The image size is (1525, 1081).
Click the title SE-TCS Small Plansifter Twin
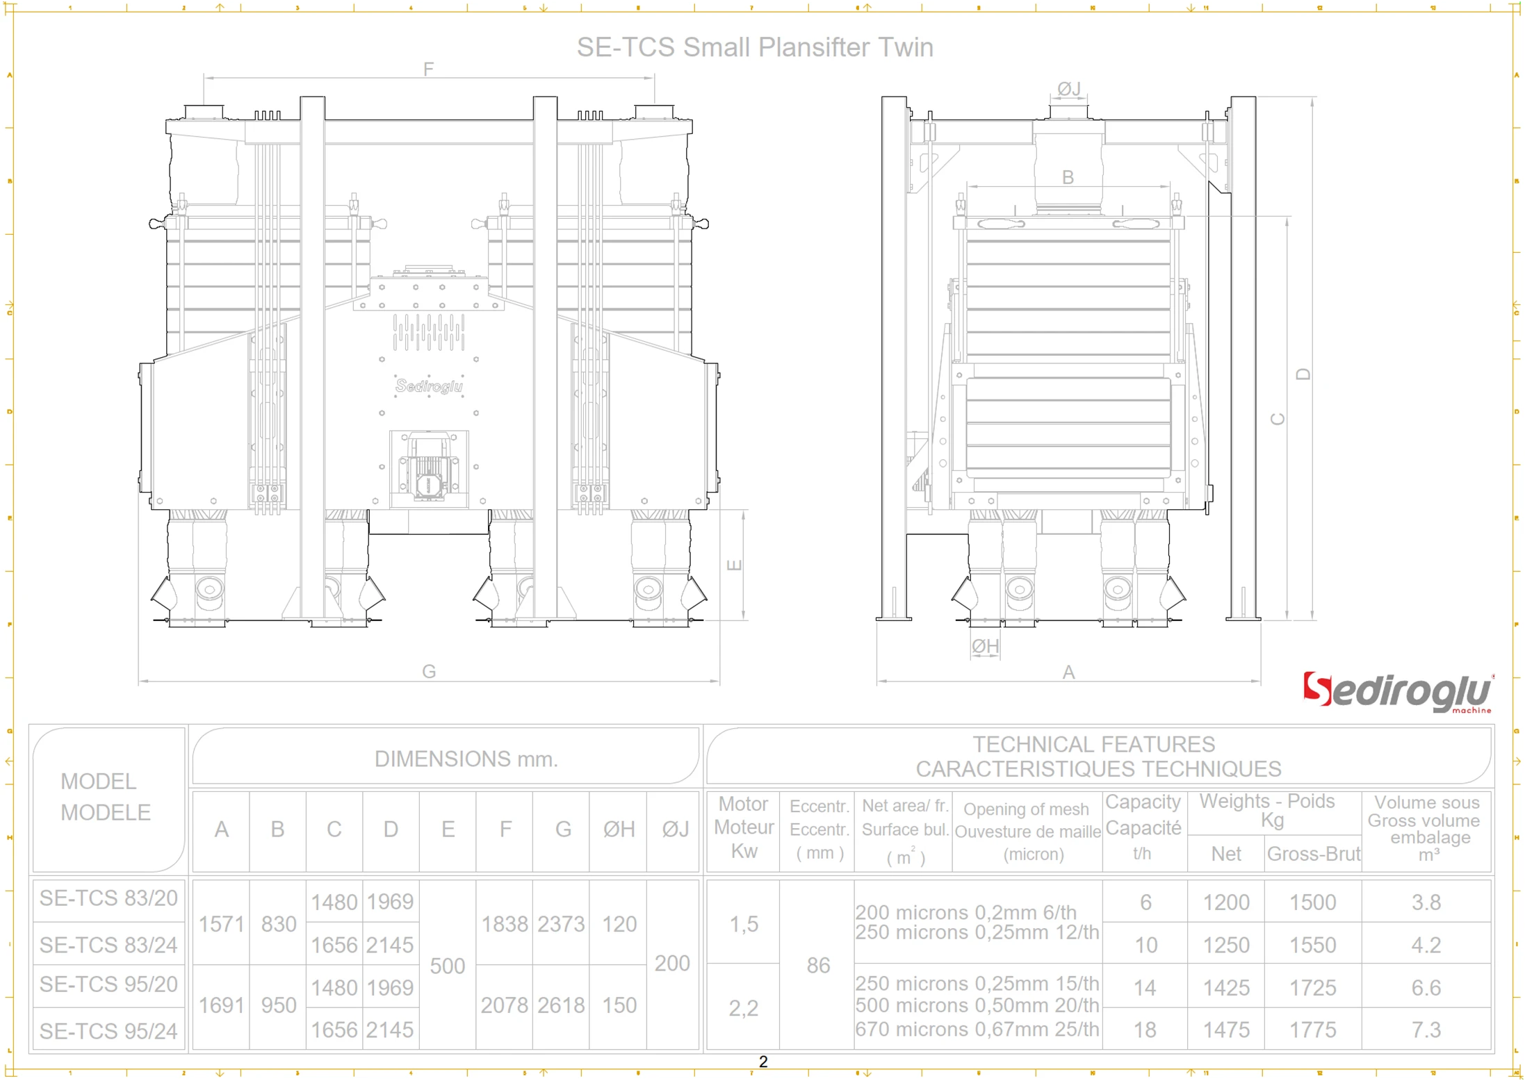[x=755, y=47]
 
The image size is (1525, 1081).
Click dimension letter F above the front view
[x=428, y=69]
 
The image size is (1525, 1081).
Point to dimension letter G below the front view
[x=429, y=672]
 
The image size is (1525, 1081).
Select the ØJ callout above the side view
[x=1068, y=89]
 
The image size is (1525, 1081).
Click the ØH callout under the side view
[x=985, y=647]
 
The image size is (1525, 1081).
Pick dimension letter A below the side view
[x=1068, y=672]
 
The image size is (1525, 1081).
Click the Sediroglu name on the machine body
[x=429, y=386]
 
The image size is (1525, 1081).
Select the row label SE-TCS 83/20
[x=108, y=899]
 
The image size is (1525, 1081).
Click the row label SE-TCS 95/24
[x=108, y=1032]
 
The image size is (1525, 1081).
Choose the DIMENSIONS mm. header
[x=466, y=759]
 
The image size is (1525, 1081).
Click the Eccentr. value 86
[x=818, y=966]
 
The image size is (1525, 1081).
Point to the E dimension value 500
[x=447, y=966]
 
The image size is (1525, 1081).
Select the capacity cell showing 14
[x=1145, y=988]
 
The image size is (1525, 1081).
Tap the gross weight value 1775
[x=1312, y=1030]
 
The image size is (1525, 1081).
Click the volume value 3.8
[x=1426, y=902]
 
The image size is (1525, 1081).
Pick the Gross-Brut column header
[x=1312, y=854]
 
